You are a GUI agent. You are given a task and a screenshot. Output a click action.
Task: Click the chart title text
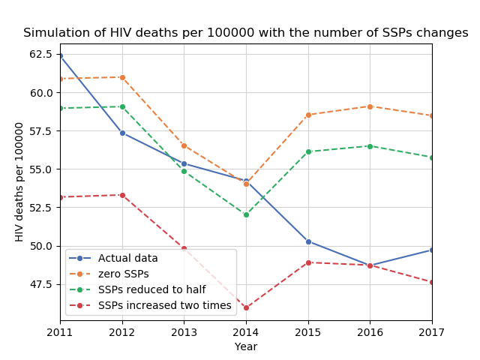(246, 33)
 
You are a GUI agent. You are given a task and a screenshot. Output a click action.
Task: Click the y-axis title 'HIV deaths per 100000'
(20, 181)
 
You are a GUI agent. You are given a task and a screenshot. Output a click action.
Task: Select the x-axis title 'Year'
(246, 347)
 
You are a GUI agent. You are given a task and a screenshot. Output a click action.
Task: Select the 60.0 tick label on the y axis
(41, 93)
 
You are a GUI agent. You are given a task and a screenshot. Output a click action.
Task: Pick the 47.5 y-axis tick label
(41, 284)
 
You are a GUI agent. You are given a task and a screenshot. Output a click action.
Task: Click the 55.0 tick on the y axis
(41, 169)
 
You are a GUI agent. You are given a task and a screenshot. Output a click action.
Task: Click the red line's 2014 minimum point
(246, 308)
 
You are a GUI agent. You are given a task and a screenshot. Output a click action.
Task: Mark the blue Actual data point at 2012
(122, 133)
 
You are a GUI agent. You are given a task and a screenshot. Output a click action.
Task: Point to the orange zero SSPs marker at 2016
(370, 106)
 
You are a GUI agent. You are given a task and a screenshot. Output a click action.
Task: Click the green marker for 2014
(246, 214)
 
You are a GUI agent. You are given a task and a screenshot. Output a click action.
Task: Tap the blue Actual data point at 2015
(308, 241)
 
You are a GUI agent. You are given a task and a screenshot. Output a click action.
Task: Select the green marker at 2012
(122, 106)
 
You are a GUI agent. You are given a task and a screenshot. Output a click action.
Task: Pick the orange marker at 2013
(184, 145)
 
